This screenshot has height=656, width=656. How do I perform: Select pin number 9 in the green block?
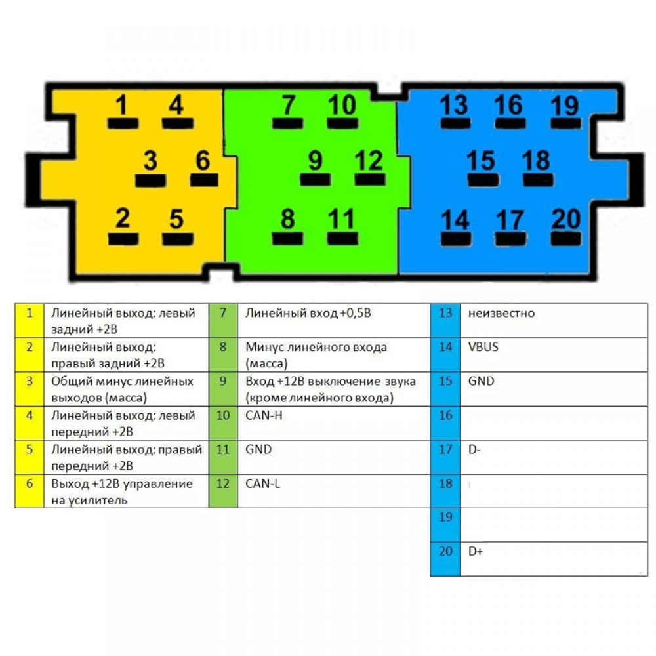(x=316, y=161)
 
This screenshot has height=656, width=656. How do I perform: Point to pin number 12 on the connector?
(x=369, y=161)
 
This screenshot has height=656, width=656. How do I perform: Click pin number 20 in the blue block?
(x=566, y=218)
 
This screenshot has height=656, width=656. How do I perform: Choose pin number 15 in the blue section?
(x=481, y=161)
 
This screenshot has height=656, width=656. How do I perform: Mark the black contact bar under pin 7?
(x=287, y=123)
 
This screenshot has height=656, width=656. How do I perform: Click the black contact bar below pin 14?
(x=456, y=239)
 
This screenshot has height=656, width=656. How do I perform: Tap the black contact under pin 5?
(x=178, y=239)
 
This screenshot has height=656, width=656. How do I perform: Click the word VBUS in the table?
(x=483, y=347)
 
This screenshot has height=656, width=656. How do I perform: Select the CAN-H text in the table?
(x=264, y=415)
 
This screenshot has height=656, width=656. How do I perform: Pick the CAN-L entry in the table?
(x=263, y=483)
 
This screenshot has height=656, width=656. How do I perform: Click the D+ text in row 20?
(x=475, y=552)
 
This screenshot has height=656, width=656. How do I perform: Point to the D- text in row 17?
(x=474, y=450)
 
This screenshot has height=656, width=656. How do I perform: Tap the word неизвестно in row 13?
(x=501, y=313)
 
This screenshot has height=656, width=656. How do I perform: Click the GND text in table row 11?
(x=258, y=449)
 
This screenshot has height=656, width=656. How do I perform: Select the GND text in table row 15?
(x=481, y=381)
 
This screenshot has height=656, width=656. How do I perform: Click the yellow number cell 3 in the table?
(x=30, y=389)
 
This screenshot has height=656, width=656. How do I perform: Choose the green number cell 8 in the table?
(x=223, y=355)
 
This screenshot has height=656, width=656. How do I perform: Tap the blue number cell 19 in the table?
(x=445, y=525)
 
